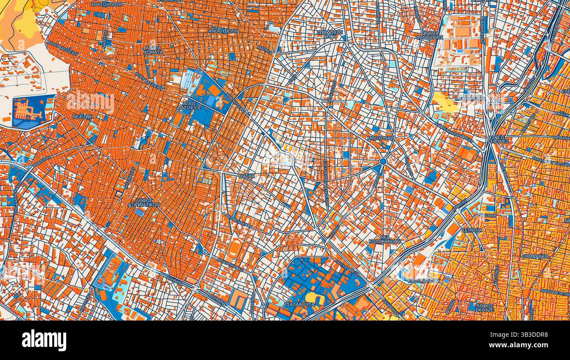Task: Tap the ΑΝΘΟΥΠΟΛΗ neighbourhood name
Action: [x=224, y=32]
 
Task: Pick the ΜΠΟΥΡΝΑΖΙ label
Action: [x=381, y=138]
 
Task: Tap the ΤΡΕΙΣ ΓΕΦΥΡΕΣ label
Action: [x=499, y=139]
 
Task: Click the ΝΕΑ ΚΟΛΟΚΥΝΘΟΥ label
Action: [x=385, y=239]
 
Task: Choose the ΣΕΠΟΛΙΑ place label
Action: [x=472, y=230]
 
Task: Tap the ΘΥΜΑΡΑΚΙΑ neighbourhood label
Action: [x=535, y=256]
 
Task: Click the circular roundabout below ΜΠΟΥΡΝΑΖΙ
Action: [x=383, y=162]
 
